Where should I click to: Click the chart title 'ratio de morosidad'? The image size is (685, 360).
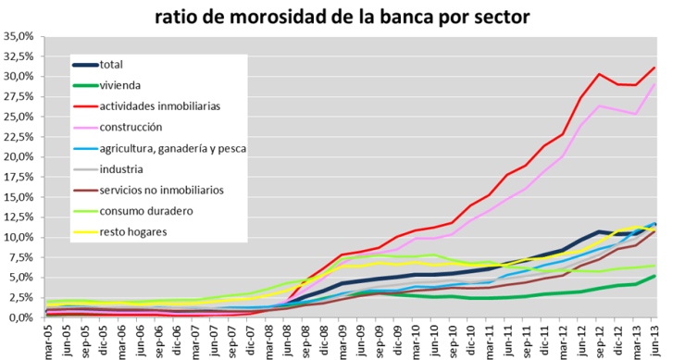coord(342,15)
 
